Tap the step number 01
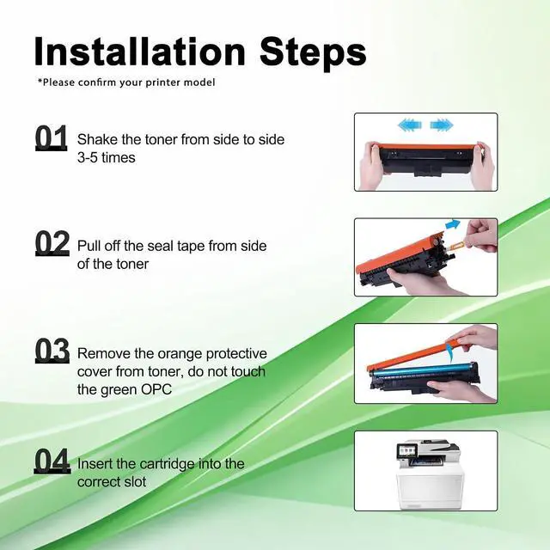point(52,137)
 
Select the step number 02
point(52,243)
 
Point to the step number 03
point(52,350)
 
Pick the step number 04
point(52,461)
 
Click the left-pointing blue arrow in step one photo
point(410,125)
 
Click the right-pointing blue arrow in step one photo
point(442,125)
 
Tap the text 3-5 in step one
point(87,157)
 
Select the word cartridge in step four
point(167,464)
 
